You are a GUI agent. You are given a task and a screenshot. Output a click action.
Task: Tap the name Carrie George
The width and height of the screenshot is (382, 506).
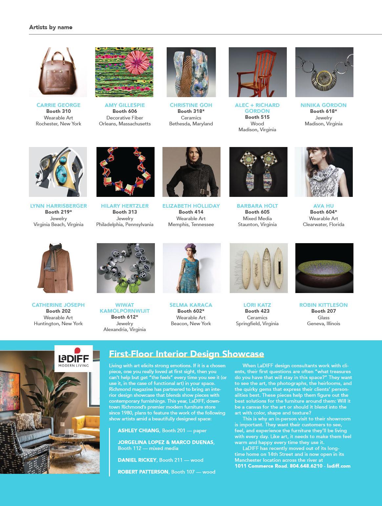coord(58,105)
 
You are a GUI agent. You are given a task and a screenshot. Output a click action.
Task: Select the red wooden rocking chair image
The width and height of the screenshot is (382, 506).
coord(258,72)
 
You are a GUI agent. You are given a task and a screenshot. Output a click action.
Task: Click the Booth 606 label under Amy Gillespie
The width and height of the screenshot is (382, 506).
coord(125,111)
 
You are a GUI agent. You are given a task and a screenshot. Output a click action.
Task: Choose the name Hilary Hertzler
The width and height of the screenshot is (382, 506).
coord(125,206)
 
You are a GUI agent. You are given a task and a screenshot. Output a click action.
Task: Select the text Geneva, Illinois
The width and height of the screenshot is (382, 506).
coord(324,324)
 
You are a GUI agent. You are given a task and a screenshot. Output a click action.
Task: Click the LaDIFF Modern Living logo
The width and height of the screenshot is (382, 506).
coord(74,358)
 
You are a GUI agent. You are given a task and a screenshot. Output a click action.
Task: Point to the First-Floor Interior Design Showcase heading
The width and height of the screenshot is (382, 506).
coord(186,354)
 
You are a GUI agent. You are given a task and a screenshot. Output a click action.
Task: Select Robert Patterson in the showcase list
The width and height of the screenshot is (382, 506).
coord(143,472)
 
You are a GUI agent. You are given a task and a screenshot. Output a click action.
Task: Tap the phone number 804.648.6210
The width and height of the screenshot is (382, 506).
coord(306,466)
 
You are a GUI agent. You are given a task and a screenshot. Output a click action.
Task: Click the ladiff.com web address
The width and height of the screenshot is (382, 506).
coord(339,466)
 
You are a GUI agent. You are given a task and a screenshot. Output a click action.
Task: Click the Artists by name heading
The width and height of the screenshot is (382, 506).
coord(51,27)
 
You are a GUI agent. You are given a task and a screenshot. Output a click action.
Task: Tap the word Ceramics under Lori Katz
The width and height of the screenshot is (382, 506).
coord(257,318)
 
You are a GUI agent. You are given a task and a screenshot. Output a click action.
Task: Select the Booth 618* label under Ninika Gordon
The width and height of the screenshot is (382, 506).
coord(324,111)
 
